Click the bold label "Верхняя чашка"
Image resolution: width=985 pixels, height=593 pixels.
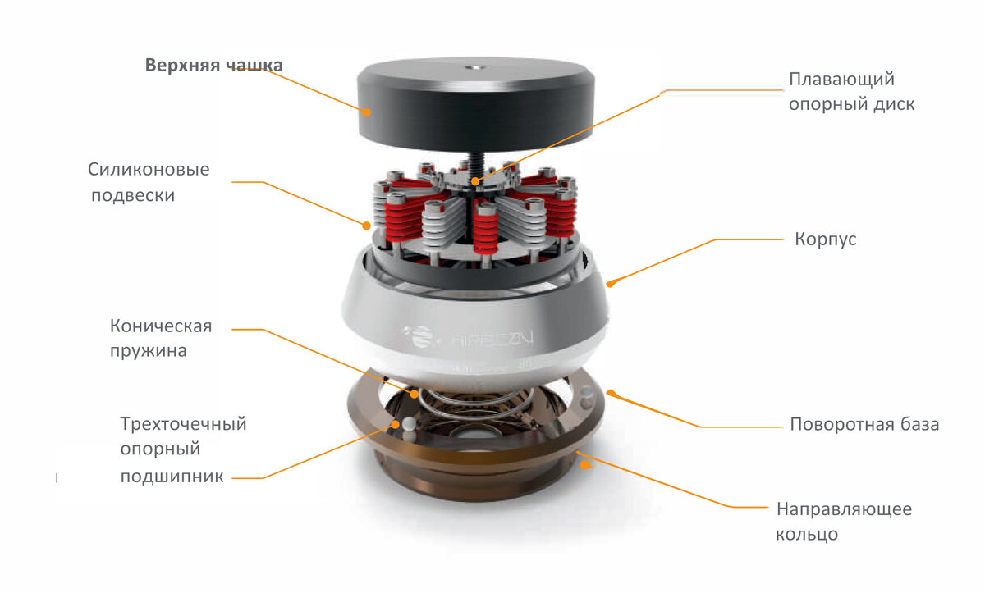(x=213, y=65)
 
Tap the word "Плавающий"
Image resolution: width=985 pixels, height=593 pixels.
(x=841, y=80)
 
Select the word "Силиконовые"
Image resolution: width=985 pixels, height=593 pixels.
(x=149, y=169)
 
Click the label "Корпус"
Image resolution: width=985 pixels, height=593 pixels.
(x=826, y=239)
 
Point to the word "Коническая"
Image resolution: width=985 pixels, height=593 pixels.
(x=161, y=326)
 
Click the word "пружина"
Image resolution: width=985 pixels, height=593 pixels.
(x=149, y=351)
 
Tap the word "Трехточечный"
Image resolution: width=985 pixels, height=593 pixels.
(x=183, y=424)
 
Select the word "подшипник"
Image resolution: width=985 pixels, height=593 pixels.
(x=172, y=477)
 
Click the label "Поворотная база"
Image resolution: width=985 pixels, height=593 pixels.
(x=864, y=424)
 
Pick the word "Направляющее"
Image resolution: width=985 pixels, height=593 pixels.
(x=845, y=509)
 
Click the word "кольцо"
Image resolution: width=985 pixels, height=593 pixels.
(x=806, y=534)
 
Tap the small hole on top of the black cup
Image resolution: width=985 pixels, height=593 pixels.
(x=475, y=67)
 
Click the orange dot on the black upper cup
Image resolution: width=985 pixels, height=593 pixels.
(x=366, y=112)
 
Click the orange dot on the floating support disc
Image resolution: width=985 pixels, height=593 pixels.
(x=475, y=181)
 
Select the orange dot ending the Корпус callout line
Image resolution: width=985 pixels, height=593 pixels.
(x=610, y=283)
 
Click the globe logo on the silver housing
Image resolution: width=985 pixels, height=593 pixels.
(x=420, y=336)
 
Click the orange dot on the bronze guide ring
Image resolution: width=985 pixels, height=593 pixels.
(x=585, y=464)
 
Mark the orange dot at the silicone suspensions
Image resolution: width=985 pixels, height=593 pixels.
(x=366, y=226)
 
